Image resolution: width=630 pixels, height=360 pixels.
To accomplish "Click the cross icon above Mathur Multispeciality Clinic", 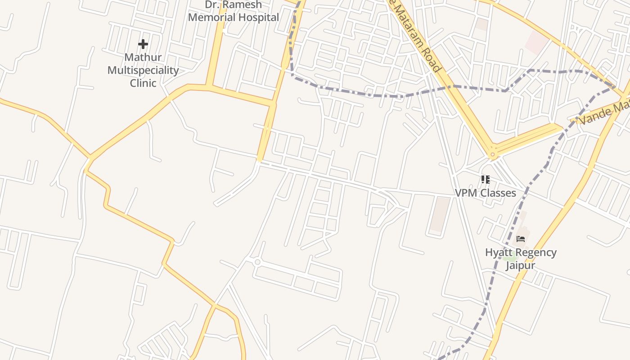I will pos(143,44).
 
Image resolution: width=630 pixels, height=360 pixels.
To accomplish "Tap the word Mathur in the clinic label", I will pos(143,58).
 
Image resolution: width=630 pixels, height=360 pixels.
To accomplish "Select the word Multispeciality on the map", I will pos(143,71).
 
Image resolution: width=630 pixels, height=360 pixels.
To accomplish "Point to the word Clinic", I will pos(143,83).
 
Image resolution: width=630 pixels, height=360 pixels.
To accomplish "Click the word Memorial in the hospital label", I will pos(214,18).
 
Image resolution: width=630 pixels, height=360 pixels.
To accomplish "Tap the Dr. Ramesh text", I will pos(233,5).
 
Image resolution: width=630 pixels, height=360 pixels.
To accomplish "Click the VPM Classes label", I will pos(485,193).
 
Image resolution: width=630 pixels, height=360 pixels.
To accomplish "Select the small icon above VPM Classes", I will pos(485,180).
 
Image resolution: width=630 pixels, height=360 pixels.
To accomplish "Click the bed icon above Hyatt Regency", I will pos(521,239).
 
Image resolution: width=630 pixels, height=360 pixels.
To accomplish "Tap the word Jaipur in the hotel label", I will pos(521,265).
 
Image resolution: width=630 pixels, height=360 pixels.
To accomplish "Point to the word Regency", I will pos(536,252).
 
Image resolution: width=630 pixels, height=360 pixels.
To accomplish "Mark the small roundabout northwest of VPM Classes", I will pos(493,155).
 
